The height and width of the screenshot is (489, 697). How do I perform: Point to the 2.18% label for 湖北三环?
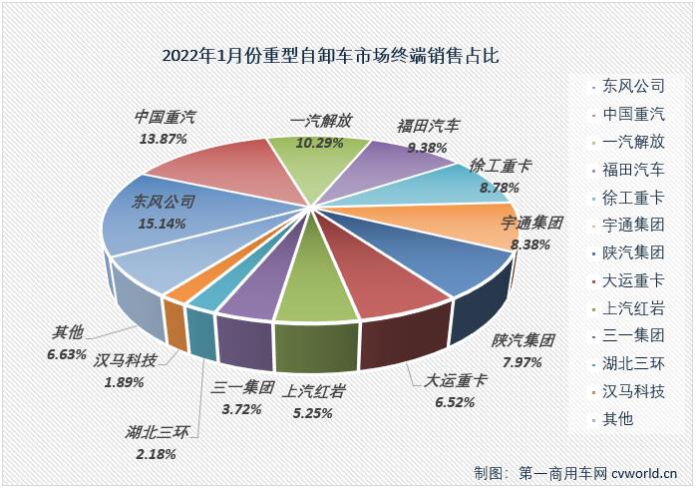click(152, 454)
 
